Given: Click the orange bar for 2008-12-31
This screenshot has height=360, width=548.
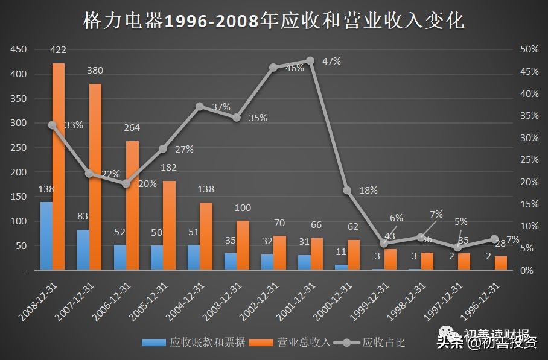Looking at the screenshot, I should (59, 166).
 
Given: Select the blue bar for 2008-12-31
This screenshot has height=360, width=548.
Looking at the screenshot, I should (46, 236).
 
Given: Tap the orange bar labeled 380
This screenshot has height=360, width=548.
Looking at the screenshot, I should (95, 177).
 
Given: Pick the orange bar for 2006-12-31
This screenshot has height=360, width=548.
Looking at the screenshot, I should (132, 205).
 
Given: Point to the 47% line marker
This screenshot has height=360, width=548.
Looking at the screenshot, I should (310, 60).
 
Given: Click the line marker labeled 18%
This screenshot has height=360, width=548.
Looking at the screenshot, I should (347, 190).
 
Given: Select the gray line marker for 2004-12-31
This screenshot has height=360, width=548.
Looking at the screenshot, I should (200, 106).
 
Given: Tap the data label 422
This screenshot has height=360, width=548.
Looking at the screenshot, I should (59, 49).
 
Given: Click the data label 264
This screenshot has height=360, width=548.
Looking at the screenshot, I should (132, 127).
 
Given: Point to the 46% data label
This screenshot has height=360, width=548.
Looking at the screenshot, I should (295, 68).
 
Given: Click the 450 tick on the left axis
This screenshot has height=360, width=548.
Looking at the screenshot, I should (19, 49).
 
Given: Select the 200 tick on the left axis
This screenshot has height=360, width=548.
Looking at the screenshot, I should (19, 172).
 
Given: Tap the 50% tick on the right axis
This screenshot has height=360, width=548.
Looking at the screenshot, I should (529, 49).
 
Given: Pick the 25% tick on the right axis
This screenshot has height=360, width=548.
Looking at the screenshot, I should (529, 160).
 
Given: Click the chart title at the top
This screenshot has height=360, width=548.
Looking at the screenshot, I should (273, 21).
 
